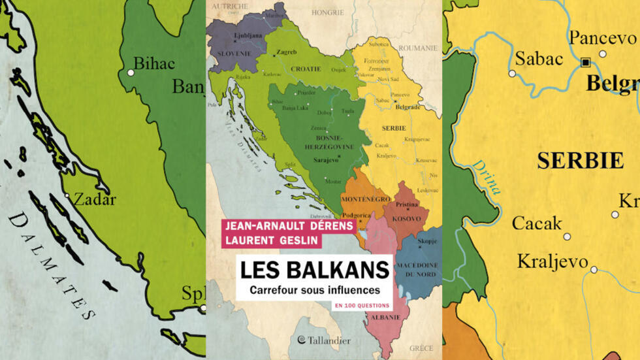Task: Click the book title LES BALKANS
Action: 314,270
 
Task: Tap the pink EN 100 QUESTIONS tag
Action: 362,306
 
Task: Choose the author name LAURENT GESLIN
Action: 271,240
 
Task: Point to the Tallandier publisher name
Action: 325,340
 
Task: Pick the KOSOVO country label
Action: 406,218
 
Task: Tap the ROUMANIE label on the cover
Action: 418,48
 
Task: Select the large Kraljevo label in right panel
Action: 552,261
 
